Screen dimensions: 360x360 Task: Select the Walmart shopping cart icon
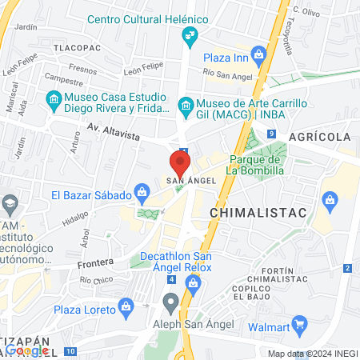click(300, 324)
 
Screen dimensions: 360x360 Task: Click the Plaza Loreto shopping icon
click(125, 306)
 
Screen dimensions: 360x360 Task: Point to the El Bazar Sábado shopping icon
click(142, 191)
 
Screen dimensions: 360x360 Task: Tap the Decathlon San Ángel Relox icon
click(192, 282)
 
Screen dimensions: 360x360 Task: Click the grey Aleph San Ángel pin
click(170, 302)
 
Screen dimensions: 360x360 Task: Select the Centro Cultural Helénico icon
click(190, 34)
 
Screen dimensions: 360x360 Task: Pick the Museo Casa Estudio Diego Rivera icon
click(54, 101)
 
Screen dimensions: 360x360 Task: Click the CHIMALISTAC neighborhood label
click(250, 213)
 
